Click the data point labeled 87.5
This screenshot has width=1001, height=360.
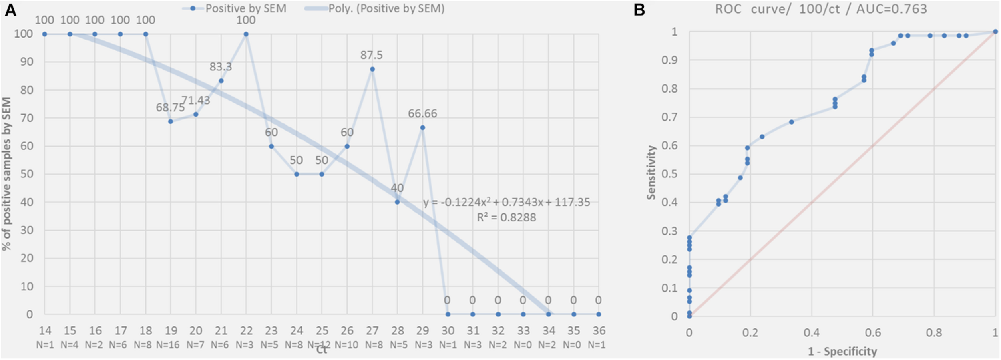pyautogui.click(x=372, y=69)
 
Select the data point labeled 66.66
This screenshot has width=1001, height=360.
pyautogui.click(x=422, y=128)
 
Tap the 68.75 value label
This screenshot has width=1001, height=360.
pyautogui.click(x=170, y=107)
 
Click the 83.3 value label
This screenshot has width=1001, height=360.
pyautogui.click(x=221, y=66)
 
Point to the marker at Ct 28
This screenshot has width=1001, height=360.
pyautogui.click(x=397, y=202)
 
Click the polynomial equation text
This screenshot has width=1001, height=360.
pyautogui.click(x=507, y=202)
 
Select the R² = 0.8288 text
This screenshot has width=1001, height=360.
pyautogui.click(x=506, y=217)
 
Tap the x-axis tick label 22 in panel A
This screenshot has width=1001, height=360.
pyautogui.click(x=246, y=331)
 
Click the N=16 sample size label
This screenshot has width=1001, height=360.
pyautogui.click(x=168, y=345)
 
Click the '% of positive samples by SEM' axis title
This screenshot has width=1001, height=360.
pyautogui.click(x=7, y=174)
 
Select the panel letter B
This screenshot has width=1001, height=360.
pyautogui.click(x=639, y=10)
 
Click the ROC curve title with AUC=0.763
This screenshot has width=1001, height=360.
pyautogui.click(x=821, y=9)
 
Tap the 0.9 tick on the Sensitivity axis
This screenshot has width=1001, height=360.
pyautogui.click(x=669, y=60)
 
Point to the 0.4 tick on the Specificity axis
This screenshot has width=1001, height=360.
pyautogui.click(x=812, y=333)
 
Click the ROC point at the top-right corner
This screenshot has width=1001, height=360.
pyautogui.click(x=995, y=32)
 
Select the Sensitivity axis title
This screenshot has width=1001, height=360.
pyautogui.click(x=651, y=172)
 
